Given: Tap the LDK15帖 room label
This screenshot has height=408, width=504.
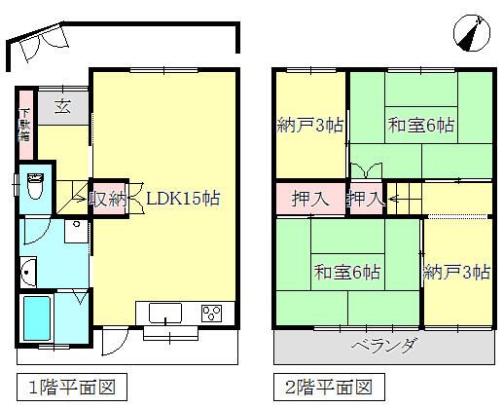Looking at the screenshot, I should tap(183, 198).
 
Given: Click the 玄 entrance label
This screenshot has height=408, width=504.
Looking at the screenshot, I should tap(62, 105).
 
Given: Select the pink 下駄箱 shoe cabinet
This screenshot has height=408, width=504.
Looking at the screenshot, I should tap(24, 130).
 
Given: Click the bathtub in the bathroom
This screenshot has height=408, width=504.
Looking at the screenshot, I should tap(38, 320).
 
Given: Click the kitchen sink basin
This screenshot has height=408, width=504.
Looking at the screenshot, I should tap(164, 314).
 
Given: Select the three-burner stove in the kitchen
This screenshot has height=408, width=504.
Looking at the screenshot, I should tap(210, 314).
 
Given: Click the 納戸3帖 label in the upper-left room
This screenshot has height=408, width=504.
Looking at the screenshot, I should tap(306, 126).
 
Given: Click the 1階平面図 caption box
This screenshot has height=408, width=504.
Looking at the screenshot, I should tap(71, 387).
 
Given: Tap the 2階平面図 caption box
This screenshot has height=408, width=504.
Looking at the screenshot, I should tap(327, 387).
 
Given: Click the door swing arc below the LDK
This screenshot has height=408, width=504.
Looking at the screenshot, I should tap(115, 344).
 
